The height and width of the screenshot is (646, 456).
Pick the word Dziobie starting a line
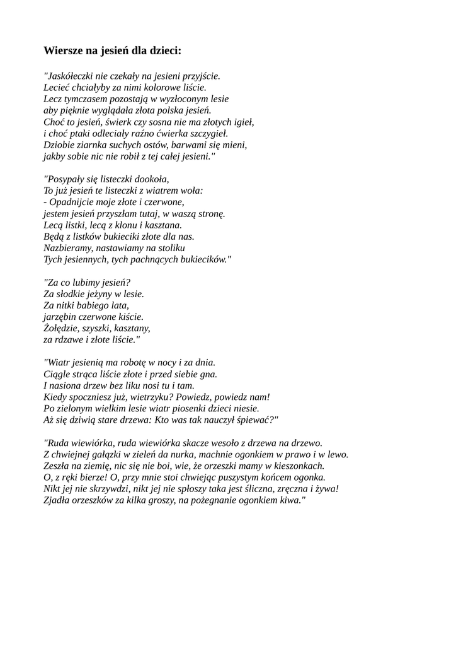click(x=60, y=144)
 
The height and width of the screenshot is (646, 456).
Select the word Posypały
click(x=67, y=179)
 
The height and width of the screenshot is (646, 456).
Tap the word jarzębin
click(x=62, y=317)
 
